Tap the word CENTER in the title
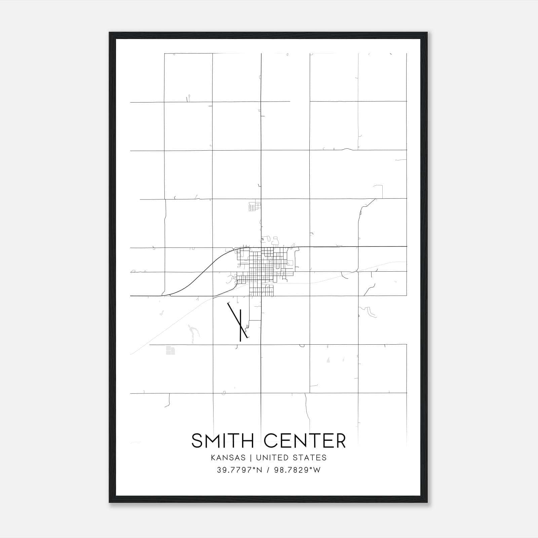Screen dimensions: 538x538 pyautogui.click(x=305, y=441)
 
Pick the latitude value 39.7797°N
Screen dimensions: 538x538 pyautogui.click(x=239, y=470)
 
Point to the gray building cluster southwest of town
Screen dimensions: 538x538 pyautogui.click(x=170, y=350)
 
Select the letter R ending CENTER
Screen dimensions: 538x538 pyautogui.click(x=341, y=441)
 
